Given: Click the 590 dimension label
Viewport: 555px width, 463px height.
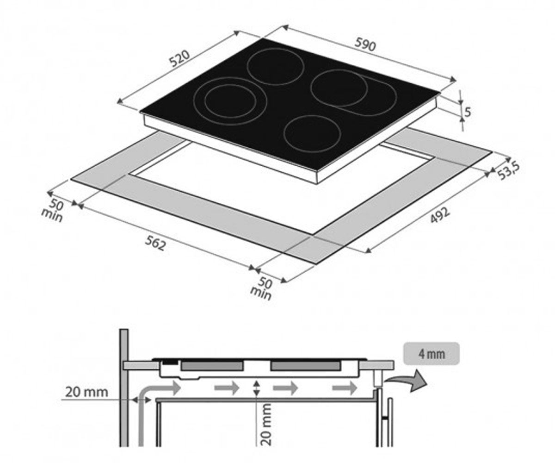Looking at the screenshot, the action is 366,45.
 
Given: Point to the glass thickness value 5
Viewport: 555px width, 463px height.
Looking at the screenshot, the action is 468,112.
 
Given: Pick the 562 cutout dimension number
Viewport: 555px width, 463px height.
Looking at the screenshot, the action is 155,243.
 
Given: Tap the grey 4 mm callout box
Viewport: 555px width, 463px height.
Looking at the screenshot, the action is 432,353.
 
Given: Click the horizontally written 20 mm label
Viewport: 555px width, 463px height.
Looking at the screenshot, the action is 86,392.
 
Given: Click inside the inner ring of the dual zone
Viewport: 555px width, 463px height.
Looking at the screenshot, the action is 230,101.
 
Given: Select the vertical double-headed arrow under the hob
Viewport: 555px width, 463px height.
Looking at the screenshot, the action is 256,388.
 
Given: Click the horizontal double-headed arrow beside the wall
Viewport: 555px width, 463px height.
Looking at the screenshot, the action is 142,400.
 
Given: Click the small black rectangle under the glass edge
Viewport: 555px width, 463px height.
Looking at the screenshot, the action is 170,362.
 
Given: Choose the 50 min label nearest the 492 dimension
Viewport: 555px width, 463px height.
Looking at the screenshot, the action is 262,288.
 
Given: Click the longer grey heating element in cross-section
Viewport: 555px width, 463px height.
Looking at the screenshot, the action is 305,366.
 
